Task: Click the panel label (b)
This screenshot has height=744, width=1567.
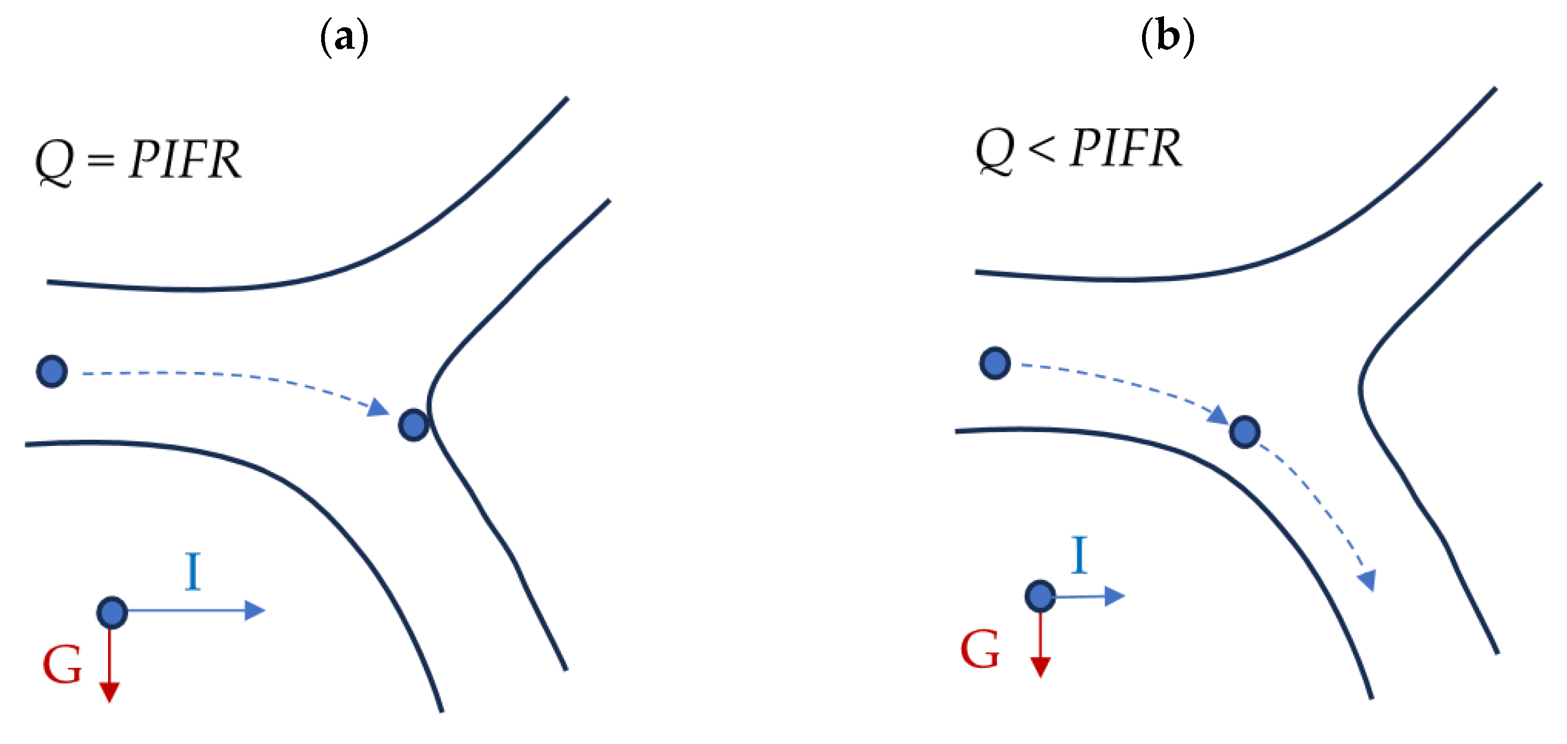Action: point(1167,36)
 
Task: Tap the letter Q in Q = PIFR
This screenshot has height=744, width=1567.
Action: point(55,161)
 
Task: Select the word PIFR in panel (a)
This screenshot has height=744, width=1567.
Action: point(185,160)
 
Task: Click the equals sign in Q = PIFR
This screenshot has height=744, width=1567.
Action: point(101,161)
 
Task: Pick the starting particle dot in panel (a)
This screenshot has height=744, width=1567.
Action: point(52,371)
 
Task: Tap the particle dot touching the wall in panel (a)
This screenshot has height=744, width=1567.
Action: point(414,424)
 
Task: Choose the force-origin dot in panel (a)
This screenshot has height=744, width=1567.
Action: point(112,612)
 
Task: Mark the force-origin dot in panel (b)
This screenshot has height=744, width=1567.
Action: point(1040,596)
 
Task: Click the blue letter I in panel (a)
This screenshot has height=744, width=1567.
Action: point(193,571)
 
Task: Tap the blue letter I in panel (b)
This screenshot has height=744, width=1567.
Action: point(1080,555)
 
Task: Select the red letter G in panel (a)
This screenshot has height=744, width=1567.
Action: point(62,665)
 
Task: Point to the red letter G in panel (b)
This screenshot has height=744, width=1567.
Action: point(980,650)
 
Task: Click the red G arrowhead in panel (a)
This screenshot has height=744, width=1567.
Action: point(110,692)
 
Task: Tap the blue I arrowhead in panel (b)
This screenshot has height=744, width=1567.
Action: point(1114,596)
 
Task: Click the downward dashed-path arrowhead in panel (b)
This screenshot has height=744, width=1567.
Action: point(1368,580)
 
